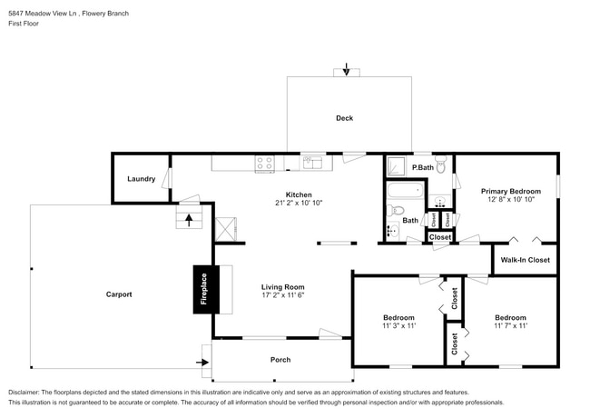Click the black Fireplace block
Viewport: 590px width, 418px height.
tap(204, 290)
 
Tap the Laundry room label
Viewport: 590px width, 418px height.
tap(141, 179)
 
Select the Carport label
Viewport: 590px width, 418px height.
tap(119, 294)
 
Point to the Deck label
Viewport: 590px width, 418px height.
tap(344, 118)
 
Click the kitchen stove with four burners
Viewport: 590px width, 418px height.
tap(265, 164)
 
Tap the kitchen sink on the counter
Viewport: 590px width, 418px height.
tap(313, 163)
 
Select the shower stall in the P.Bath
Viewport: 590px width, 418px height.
tap(398, 165)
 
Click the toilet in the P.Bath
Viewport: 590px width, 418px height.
tap(440, 166)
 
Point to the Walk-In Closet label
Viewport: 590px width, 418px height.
tap(525, 260)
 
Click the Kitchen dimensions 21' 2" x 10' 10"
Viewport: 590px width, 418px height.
tap(299, 203)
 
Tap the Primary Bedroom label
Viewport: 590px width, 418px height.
tap(510, 192)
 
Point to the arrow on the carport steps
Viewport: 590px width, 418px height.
tap(189, 218)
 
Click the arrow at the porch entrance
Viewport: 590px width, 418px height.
tap(202, 362)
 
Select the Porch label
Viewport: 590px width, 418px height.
tap(280, 360)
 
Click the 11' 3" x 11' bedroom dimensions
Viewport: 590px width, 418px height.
tap(398, 325)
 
